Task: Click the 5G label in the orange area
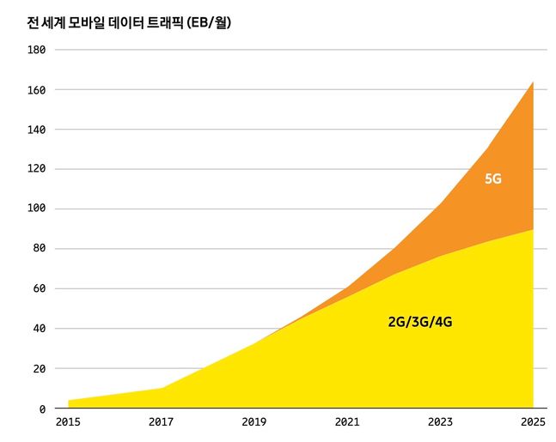coord(493,179)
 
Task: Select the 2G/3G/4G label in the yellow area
coord(420,323)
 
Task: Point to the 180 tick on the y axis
coord(37,50)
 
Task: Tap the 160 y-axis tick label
coord(37,89)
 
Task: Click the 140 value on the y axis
coord(37,130)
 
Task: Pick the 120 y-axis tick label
coord(37,169)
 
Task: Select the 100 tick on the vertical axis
coord(37,209)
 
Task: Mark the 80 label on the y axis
coord(40,249)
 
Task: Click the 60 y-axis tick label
coord(40,289)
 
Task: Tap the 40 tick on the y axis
coord(40,329)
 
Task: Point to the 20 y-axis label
coord(40,369)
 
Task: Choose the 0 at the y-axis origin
coord(43,409)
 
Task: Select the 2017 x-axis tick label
coord(161,422)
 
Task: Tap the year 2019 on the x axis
coord(254,422)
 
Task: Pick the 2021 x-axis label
coord(347,422)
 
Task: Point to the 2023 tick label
coord(440,422)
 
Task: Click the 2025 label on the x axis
coord(533,422)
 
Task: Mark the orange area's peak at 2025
coord(532,83)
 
